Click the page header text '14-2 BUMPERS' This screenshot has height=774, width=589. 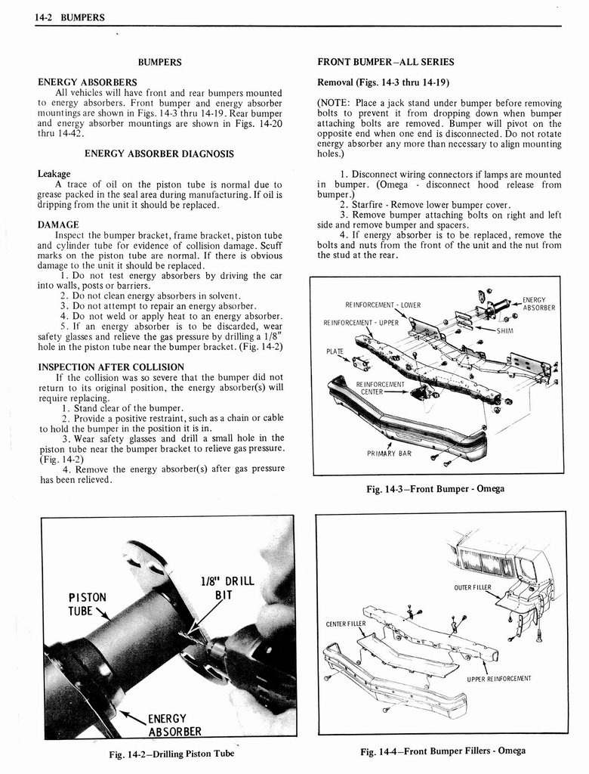69,17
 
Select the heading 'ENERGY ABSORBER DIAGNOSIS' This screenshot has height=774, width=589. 159,153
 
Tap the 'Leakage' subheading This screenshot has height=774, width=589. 54,174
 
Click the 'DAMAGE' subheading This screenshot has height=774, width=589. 58,224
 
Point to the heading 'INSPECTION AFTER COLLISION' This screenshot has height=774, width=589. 110,367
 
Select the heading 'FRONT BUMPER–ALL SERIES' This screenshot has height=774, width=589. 386,62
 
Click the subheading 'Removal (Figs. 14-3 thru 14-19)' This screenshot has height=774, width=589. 384,82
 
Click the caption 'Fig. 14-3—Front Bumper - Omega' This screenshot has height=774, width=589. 435,489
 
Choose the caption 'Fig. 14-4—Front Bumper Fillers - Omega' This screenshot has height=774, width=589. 443,751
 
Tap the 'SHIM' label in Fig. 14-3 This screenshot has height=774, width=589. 504,330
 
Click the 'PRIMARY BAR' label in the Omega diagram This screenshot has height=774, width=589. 389,454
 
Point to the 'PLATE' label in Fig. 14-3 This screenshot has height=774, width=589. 335,351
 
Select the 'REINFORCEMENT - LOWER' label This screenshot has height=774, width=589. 383,305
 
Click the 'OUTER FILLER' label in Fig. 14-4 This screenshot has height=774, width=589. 473,587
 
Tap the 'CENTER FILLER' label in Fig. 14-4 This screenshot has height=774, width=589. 345,624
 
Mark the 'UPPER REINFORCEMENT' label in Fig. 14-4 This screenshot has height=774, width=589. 499,678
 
